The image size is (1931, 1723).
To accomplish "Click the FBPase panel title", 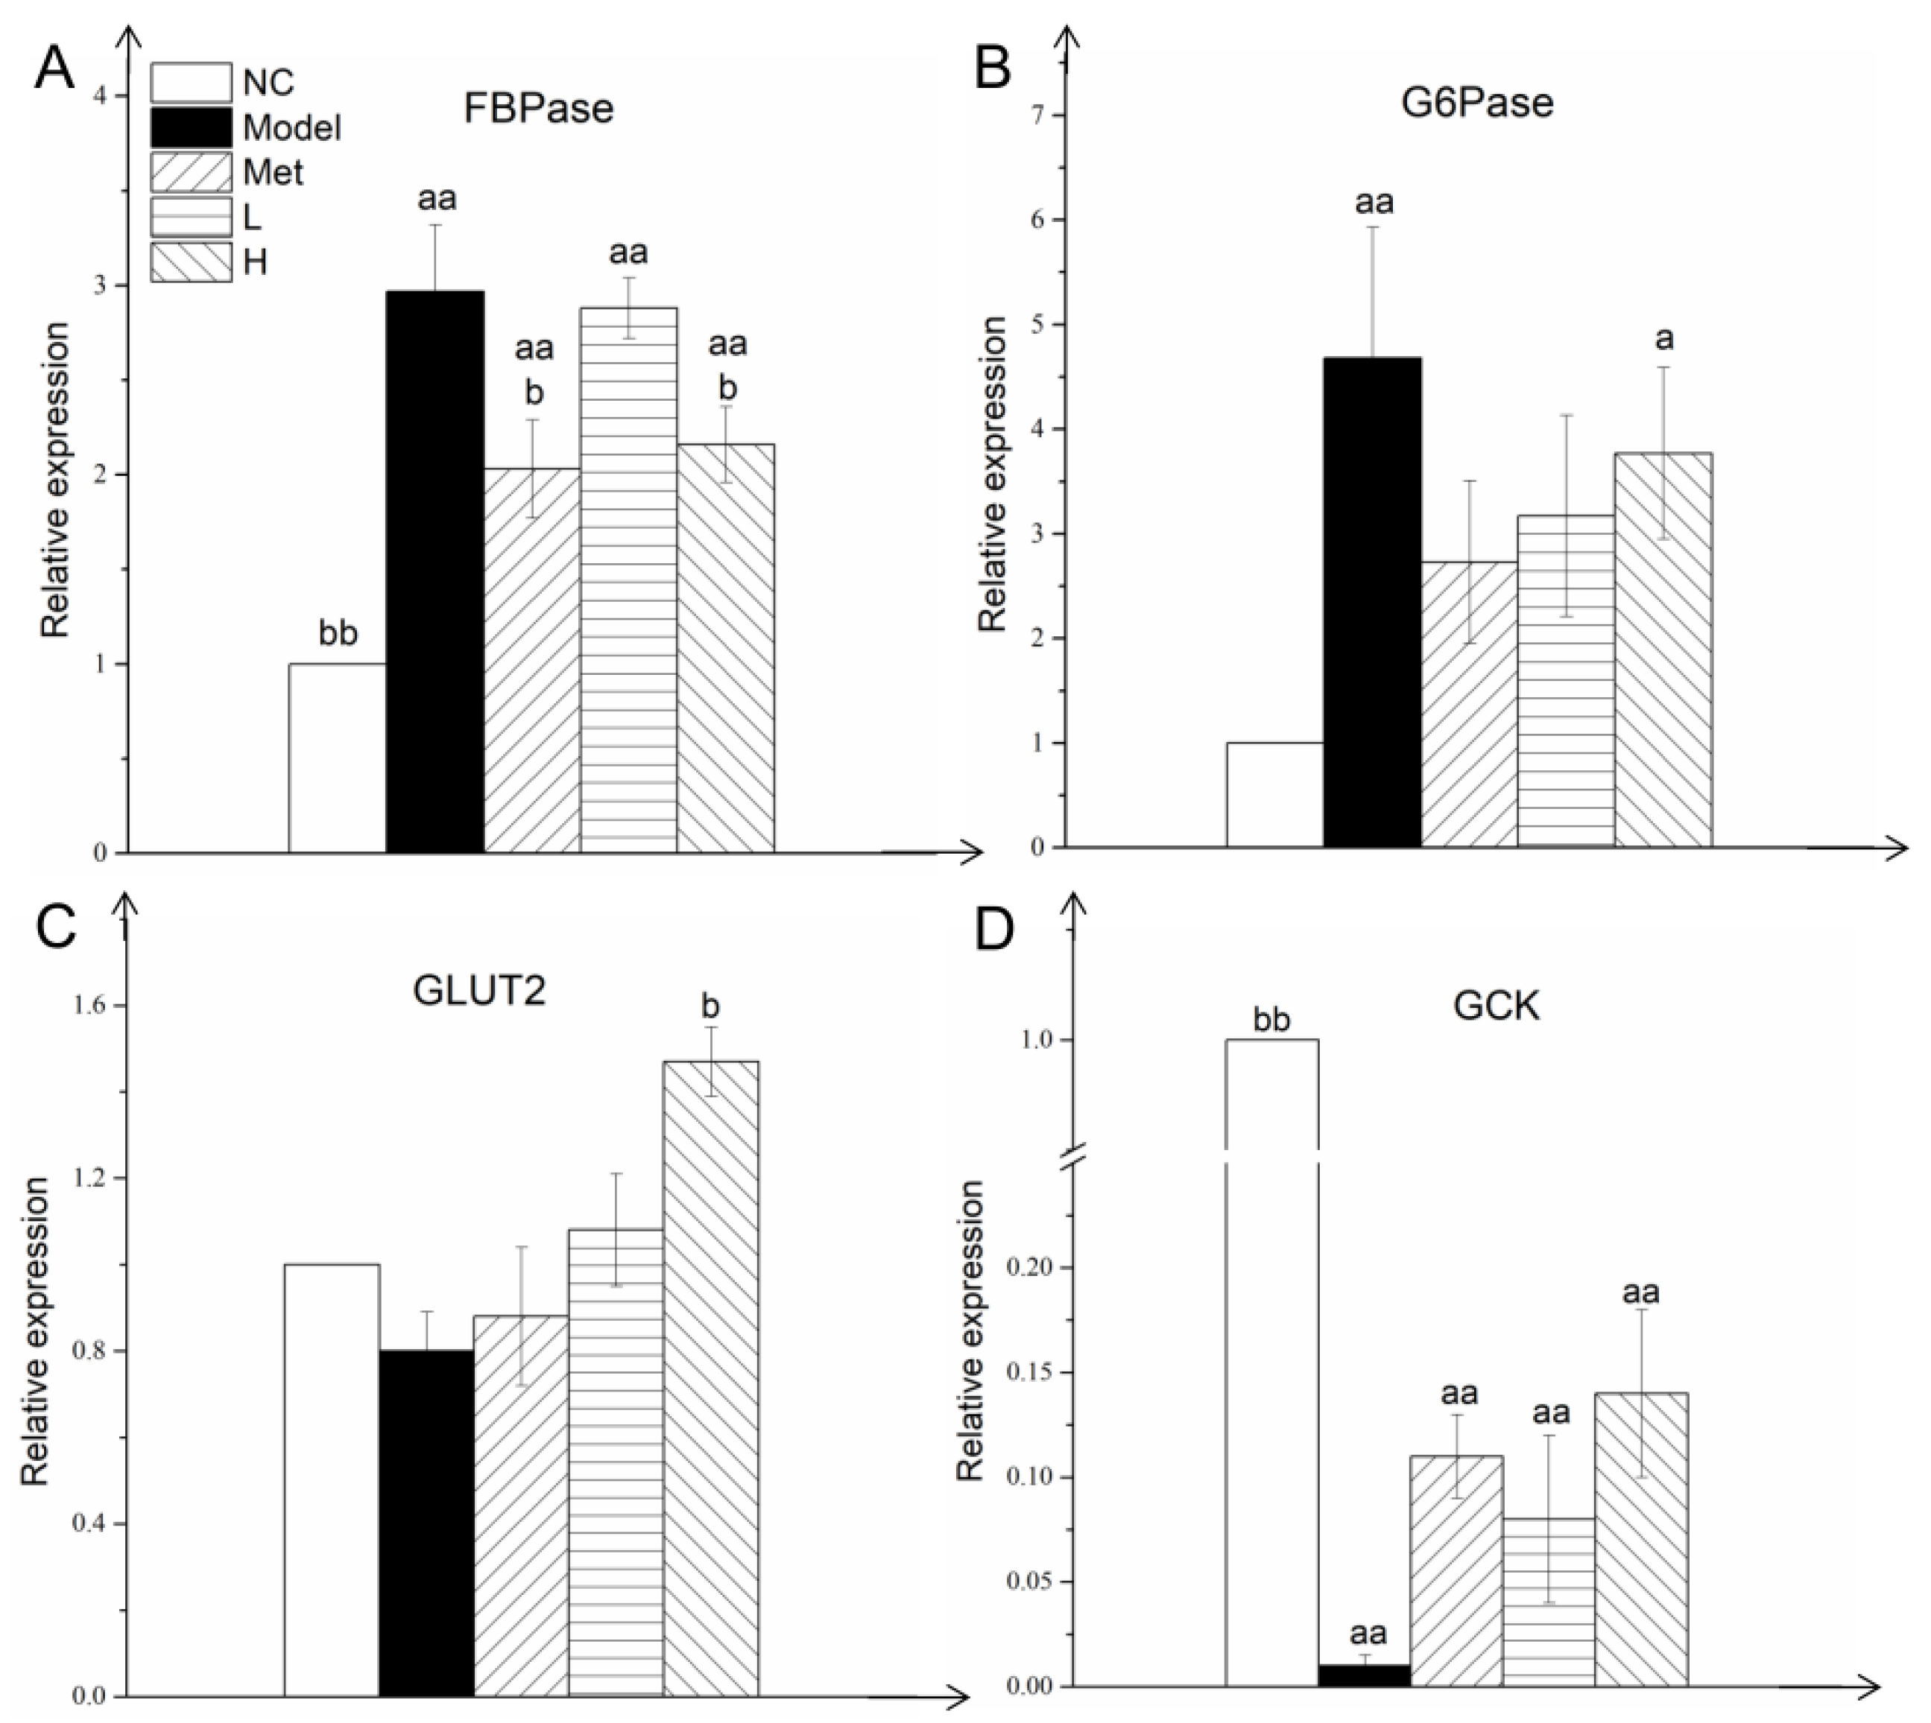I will (538, 108).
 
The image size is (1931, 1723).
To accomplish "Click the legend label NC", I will (268, 83).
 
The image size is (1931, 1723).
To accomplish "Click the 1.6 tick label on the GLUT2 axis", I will (91, 1006).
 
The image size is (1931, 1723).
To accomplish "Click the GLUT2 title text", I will (479, 991).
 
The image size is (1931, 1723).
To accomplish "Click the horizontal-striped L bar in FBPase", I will (629, 580).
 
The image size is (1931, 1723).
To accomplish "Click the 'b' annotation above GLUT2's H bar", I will (710, 1006).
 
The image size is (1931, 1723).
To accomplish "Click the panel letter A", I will (54, 69).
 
